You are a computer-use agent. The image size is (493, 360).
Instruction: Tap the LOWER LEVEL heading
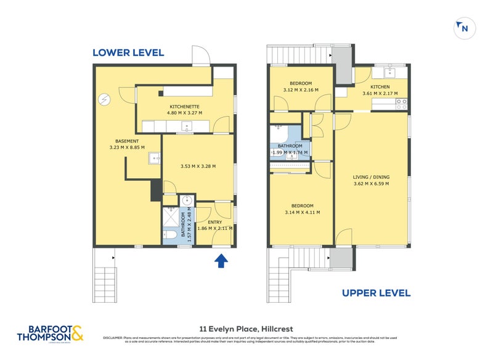pos(128,53)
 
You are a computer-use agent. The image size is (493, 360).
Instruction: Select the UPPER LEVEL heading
pos(377,293)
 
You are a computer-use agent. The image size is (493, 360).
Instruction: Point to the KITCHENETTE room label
pos(185,106)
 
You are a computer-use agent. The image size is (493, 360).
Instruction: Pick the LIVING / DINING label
pos(371,177)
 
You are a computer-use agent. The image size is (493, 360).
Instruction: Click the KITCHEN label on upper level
pos(380,87)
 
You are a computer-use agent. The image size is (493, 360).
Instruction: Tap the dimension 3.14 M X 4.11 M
pos(301,213)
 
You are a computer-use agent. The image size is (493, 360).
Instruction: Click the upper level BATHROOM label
pos(290,146)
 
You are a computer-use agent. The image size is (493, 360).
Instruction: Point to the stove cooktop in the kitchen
pos(402,104)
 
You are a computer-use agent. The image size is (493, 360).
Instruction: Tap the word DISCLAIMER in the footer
pos(113,337)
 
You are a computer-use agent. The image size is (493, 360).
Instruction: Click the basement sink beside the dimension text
pos(154,159)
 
